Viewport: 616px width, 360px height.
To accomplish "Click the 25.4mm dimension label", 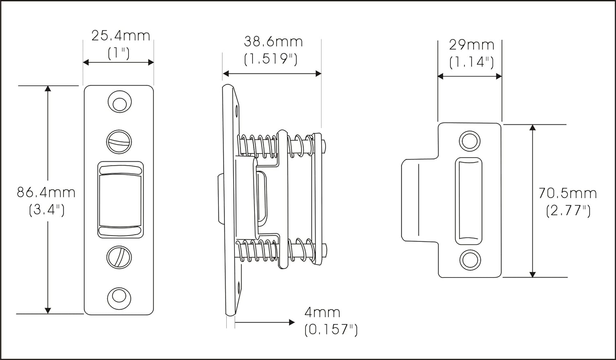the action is tap(121, 36).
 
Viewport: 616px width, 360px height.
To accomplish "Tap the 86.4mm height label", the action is tap(46, 193).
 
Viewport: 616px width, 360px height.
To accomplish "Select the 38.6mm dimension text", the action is tap(274, 42).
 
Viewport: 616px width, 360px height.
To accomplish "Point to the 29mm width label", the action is tap(471, 45).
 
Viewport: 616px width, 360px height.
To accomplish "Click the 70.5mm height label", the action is tap(568, 193).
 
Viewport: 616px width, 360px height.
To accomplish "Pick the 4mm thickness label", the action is tap(322, 312).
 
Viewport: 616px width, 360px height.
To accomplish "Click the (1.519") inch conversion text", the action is tap(271, 59).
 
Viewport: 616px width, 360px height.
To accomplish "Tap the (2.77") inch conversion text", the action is tap(568, 211).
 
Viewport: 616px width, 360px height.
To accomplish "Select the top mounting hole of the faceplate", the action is tap(120, 102).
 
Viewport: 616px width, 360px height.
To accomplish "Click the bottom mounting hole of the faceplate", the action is tap(119, 298).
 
